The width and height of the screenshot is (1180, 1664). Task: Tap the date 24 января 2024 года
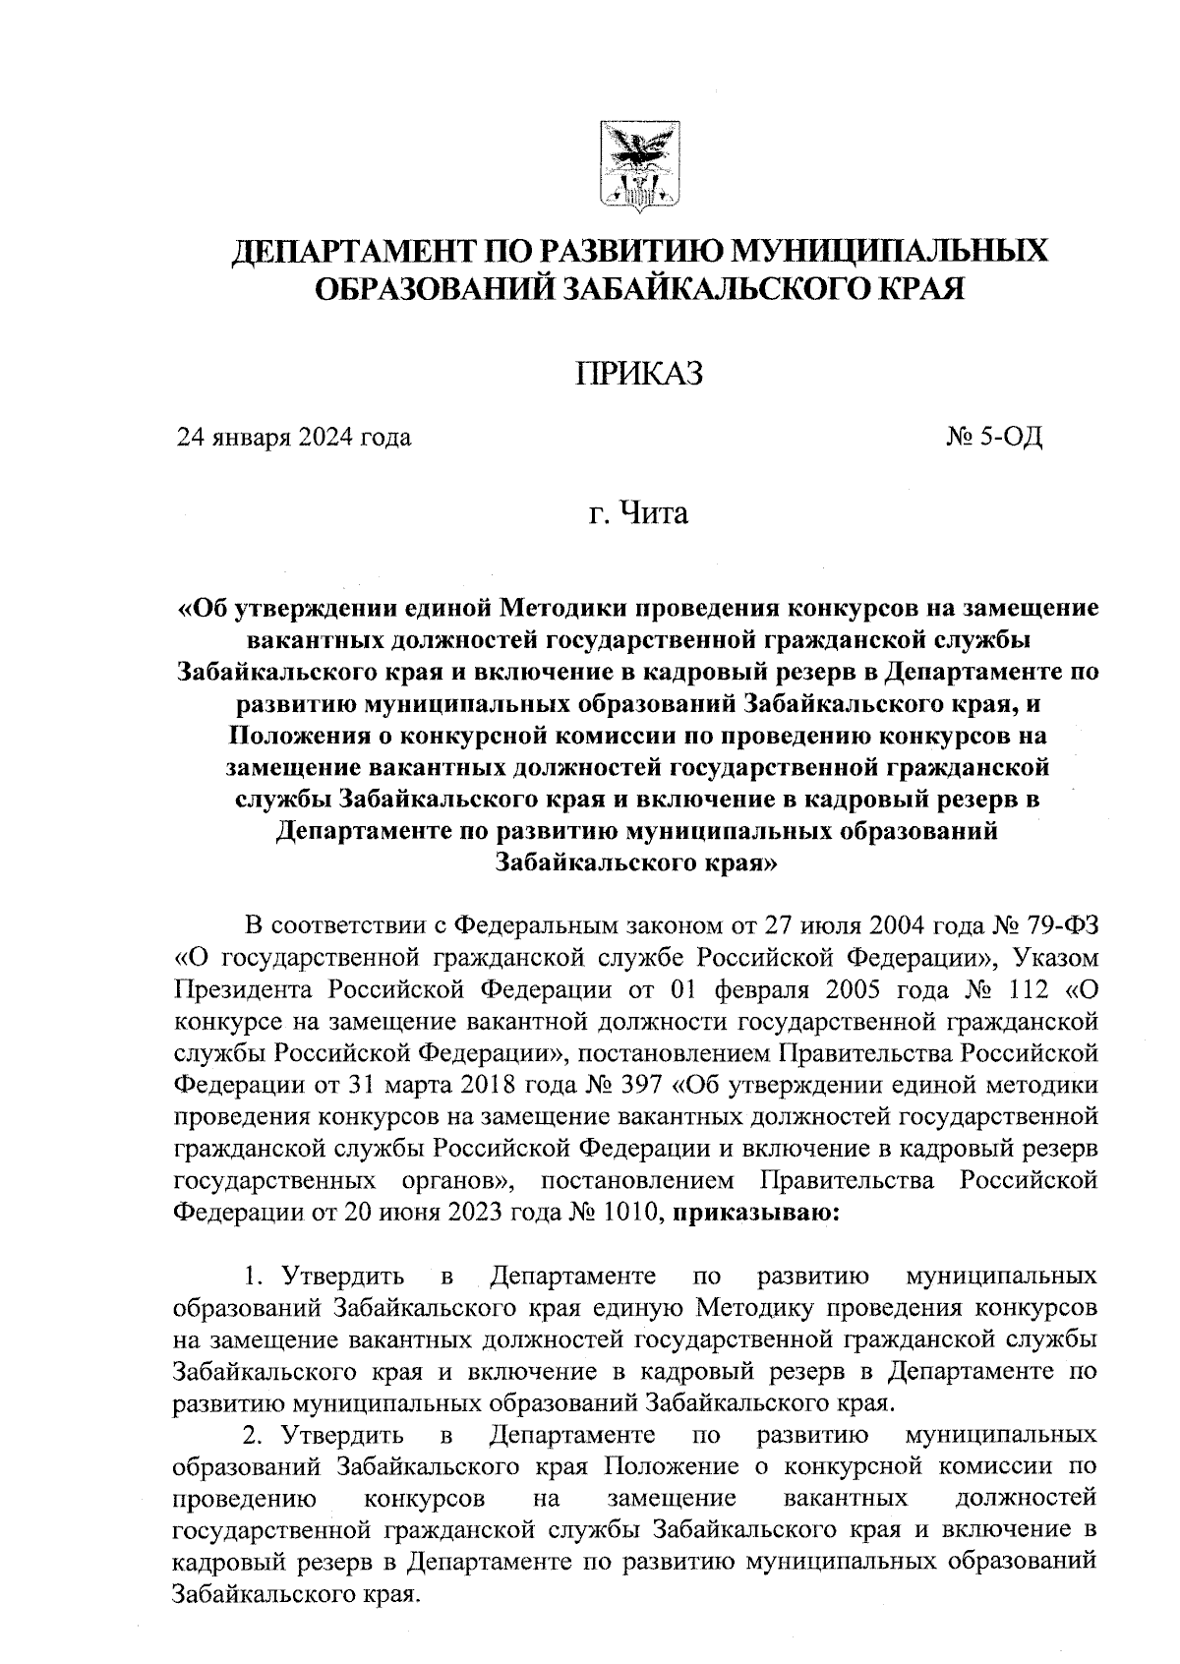pyautogui.click(x=293, y=437)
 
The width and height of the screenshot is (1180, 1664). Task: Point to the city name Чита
pyautogui.click(x=654, y=513)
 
